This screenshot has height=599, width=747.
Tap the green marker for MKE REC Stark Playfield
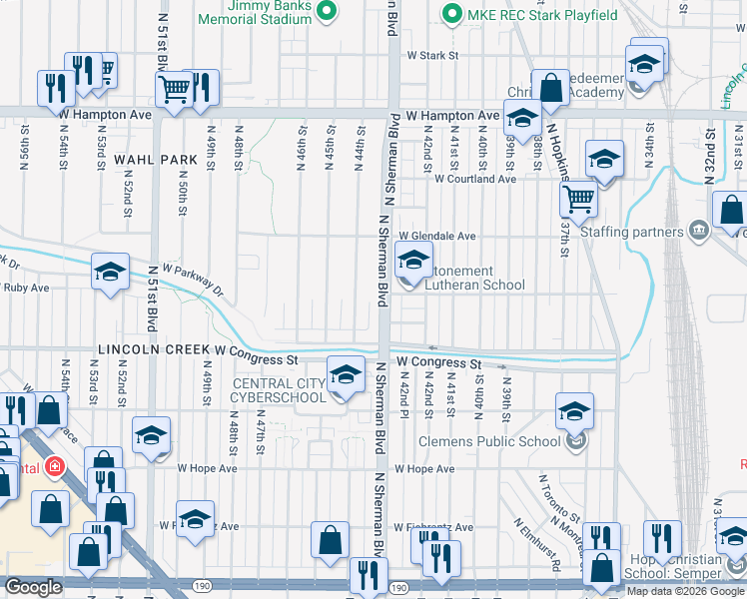pyautogui.click(x=451, y=13)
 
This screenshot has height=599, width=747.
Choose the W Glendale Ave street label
pyautogui.click(x=437, y=236)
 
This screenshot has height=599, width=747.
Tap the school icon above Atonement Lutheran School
pyautogui.click(x=412, y=262)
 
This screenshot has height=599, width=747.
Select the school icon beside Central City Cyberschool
pyautogui.click(x=346, y=375)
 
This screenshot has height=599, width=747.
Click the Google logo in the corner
pyautogui.click(x=34, y=587)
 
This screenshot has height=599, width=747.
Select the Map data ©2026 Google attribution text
pyautogui.click(x=685, y=590)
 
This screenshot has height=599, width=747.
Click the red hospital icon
pyautogui.click(x=51, y=466)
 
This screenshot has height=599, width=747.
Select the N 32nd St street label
pyautogui.click(x=711, y=147)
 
